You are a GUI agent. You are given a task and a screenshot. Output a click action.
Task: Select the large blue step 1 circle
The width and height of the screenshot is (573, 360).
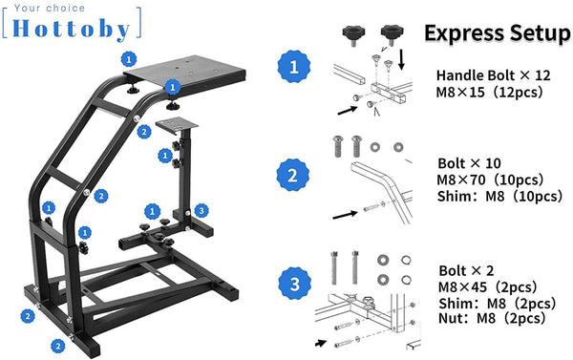[291, 69]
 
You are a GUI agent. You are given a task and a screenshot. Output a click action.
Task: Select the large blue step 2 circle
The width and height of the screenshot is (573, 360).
[291, 177]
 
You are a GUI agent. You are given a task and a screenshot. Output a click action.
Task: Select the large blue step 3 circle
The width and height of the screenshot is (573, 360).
[291, 283]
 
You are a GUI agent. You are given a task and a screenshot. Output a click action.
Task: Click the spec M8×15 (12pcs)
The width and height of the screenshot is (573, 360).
[487, 93]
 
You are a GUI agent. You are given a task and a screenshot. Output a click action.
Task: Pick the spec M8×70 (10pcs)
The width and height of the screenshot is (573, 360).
[487, 180]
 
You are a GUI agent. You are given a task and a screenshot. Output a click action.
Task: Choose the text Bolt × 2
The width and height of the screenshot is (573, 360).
[466, 269]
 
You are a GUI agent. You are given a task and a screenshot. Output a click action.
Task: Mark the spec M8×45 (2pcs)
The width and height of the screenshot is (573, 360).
[486, 286]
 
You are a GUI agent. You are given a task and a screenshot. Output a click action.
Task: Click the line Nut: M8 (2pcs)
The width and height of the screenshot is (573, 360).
[488, 320]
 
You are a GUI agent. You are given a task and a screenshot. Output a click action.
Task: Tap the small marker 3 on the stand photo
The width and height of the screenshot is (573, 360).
[200, 210]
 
